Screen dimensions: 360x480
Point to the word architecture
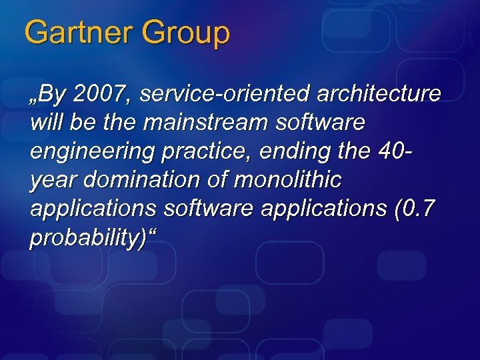coord(379,95)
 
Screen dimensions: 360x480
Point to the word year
coord(51,180)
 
